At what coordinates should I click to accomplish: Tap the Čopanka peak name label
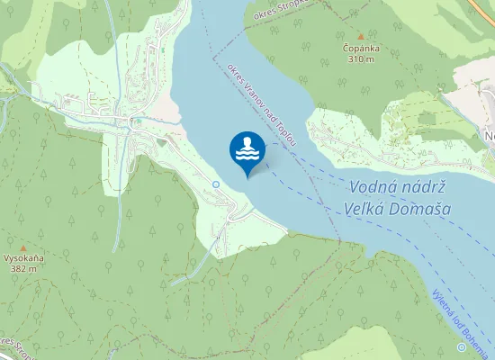click(360, 48)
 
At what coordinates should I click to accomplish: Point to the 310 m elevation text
click(360, 59)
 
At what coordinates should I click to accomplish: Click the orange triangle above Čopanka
click(360, 36)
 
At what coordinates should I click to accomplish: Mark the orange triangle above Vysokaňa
click(24, 246)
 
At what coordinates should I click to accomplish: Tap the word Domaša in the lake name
click(419, 210)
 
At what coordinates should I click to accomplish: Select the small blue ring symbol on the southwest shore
click(216, 184)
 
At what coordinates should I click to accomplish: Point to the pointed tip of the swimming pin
click(247, 176)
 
